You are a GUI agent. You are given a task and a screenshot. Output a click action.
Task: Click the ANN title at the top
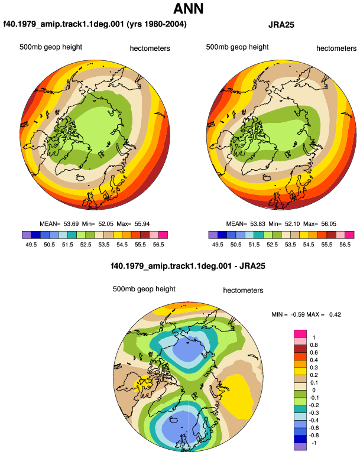pyautogui.click(x=188, y=8)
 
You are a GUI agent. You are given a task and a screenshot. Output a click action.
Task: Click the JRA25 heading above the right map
pyautogui.click(x=281, y=25)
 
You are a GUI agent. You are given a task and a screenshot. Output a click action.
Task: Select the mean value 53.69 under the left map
pyautogui.click(x=71, y=224)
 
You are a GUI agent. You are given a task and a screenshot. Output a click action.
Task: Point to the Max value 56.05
pyautogui.click(x=329, y=224)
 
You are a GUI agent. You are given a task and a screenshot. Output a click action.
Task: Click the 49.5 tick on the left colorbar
pyautogui.click(x=31, y=245)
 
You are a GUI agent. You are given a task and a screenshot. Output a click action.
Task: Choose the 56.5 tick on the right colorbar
pyautogui.click(x=345, y=245)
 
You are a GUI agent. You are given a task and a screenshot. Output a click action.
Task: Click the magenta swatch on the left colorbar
pyautogui.click(x=163, y=235)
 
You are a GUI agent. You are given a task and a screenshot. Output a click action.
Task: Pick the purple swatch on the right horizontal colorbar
pyautogui.click(x=213, y=235)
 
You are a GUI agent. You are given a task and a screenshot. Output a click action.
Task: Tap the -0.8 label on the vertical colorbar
pyautogui.click(x=313, y=435)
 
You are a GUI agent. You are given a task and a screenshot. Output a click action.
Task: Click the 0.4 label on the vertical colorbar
pyautogui.click(x=314, y=360)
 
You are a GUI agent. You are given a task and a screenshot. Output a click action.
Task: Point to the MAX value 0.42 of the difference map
pyautogui.click(x=335, y=314)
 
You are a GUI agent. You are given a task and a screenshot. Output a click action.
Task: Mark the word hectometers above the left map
pyautogui.click(x=150, y=48)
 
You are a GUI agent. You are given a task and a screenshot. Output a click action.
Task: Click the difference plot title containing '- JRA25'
pyautogui.click(x=188, y=266)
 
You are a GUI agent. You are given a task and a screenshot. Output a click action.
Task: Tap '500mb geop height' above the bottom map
pyautogui.click(x=144, y=289)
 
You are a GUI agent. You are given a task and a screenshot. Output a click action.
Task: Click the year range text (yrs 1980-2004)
pyautogui.click(x=157, y=24)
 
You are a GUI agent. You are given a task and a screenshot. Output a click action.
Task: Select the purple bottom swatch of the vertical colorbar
pyautogui.click(x=300, y=447)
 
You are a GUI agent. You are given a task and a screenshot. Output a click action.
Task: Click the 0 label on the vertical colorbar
pyautogui.click(x=314, y=390)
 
